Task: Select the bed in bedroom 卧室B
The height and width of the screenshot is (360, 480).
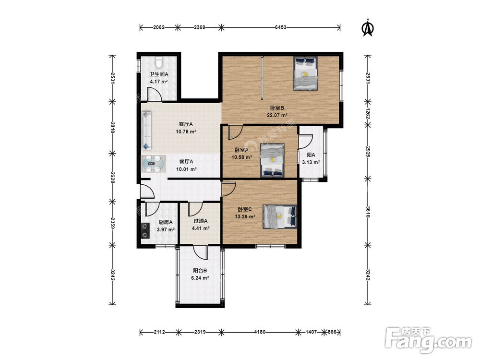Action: click(305, 73)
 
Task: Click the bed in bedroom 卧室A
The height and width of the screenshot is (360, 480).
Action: click(273, 160)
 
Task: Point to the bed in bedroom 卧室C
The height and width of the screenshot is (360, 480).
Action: click(279, 217)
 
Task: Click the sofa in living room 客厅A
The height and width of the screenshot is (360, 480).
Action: click(147, 131)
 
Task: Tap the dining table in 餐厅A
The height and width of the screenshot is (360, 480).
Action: click(154, 164)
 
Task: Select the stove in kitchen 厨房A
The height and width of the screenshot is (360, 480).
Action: click(145, 230)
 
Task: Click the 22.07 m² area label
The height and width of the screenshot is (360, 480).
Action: click(277, 115)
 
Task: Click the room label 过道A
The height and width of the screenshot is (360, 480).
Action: click(201, 221)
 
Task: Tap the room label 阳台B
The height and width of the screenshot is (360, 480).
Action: click(200, 271)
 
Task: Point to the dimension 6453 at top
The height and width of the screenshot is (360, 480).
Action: click(280, 27)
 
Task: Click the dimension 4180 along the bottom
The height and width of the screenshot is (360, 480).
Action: click(260, 332)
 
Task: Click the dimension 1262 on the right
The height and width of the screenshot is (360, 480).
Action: click(368, 113)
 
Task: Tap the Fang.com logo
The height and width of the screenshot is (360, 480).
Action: click(428, 341)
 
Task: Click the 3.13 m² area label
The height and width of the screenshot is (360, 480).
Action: click(311, 162)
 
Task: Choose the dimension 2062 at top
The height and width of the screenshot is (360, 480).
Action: click(159, 27)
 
